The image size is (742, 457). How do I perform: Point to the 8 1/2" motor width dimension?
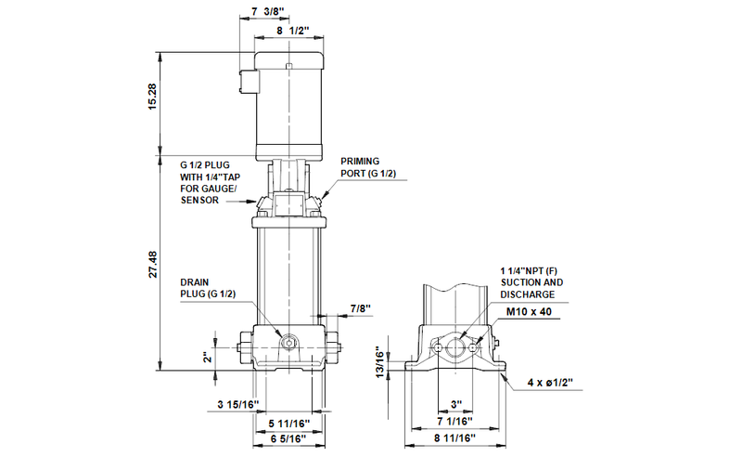click(x=292, y=31)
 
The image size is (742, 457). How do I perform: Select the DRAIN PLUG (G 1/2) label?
click(x=208, y=287)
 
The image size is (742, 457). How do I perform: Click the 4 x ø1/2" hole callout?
click(x=556, y=383)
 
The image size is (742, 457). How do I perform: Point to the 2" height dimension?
click(x=209, y=355)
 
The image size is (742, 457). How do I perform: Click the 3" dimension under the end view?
click(x=456, y=404)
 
